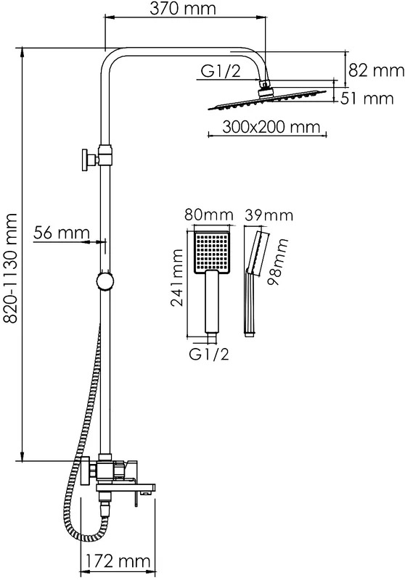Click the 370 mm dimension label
coord(182,8)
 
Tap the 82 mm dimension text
coord(376,70)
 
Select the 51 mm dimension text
coord(367,99)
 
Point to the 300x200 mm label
coord(271,127)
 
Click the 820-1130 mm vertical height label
coord(10,268)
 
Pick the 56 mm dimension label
coord(62,233)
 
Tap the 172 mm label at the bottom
coord(118,560)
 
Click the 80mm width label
coord(209,215)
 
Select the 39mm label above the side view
coord(269,215)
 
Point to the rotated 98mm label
coord(278,262)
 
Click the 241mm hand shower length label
coord(177,278)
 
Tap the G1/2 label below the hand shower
coord(209,355)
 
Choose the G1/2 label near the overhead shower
coord(220,71)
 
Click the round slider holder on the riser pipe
coord(105,282)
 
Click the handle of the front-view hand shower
coord(212,302)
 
